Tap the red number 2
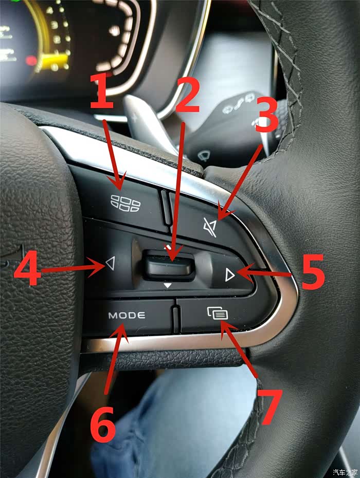[187, 95]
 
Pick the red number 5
[313, 272]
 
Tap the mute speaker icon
[210, 227]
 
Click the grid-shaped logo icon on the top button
[125, 203]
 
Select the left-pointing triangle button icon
[111, 263]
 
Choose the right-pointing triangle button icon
[230, 274]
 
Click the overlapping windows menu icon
[218, 313]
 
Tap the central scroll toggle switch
[170, 265]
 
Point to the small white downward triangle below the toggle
[168, 285]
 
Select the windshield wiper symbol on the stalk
[203, 156]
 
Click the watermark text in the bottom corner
[345, 472]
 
